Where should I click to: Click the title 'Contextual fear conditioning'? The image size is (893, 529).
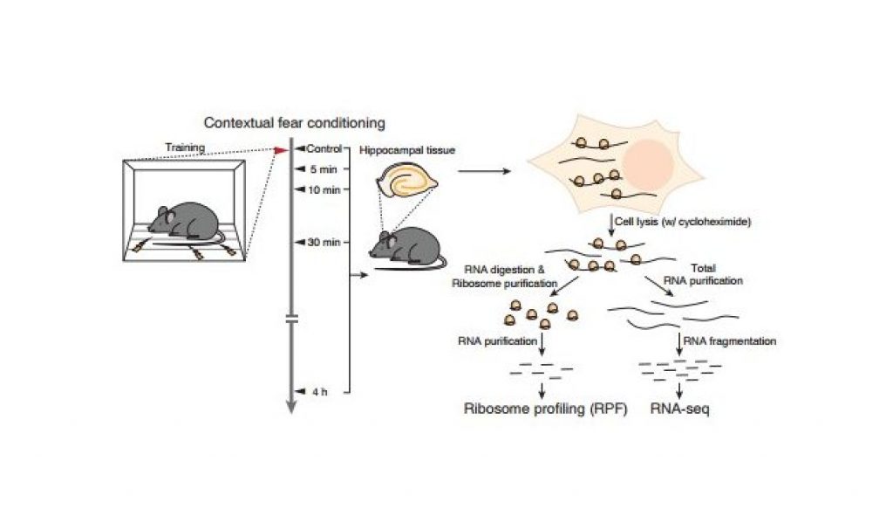click(295, 124)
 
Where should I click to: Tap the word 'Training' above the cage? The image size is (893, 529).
click(184, 148)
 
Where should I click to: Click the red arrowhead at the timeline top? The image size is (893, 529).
click(280, 150)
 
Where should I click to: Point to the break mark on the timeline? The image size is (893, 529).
click(292, 321)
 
